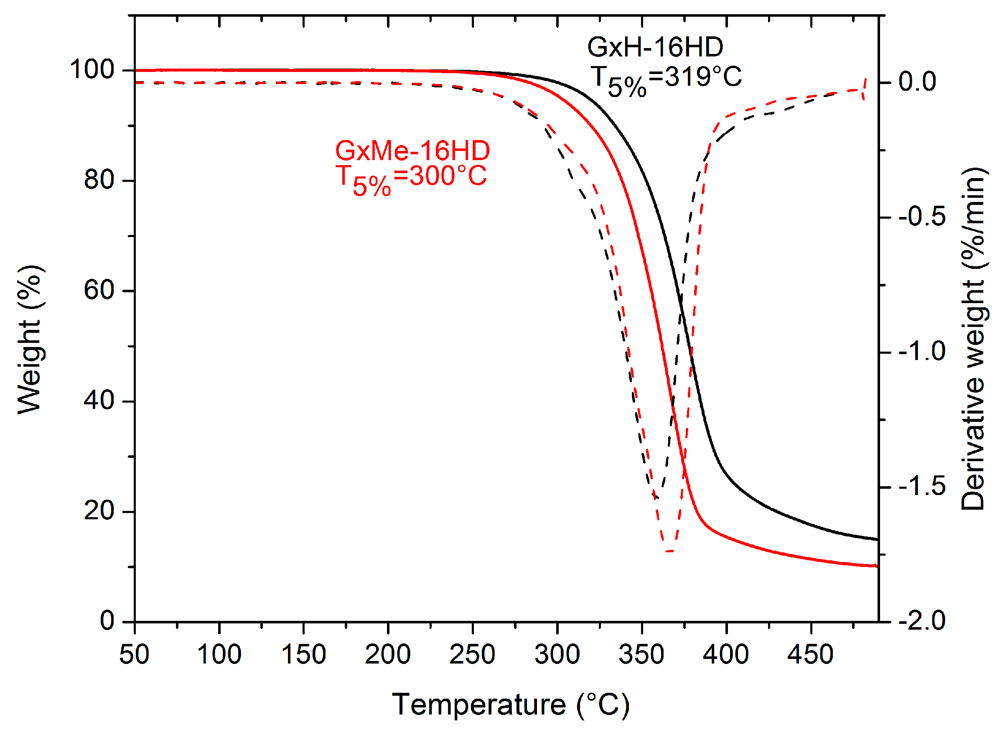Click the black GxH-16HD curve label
655,47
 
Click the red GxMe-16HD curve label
412,151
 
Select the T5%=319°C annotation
666,79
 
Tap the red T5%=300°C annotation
411,179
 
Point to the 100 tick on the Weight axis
92,69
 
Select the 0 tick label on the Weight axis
107,621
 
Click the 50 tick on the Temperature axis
134,655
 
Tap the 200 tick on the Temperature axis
388,655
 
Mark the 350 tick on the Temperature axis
641,655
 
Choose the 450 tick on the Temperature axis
810,655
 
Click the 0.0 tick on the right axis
917,82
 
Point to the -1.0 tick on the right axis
922,352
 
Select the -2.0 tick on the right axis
922,621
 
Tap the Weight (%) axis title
30,340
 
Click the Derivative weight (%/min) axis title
973,339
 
